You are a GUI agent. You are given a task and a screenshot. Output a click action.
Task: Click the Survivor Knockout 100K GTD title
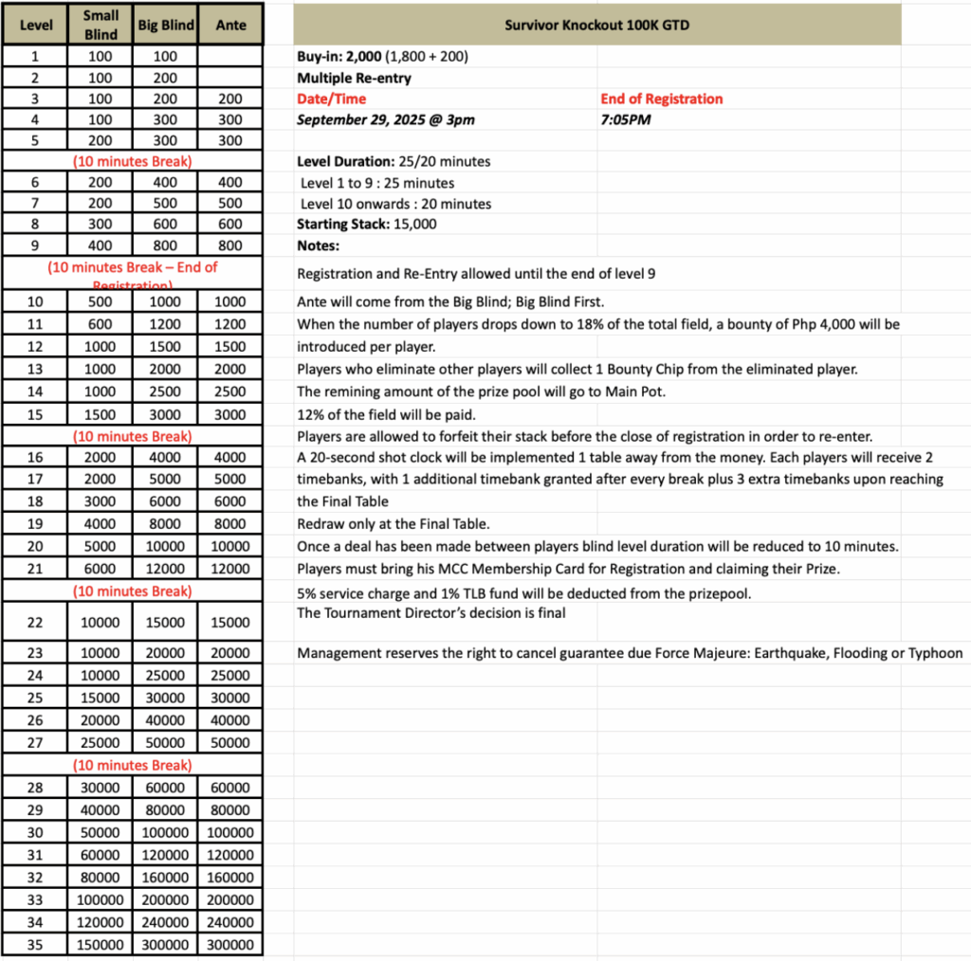pos(597,24)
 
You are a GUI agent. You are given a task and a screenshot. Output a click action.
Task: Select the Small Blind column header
pos(100,25)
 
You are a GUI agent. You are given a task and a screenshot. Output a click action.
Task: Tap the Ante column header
pos(230,25)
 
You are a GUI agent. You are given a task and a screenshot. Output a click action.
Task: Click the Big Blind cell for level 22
pos(166,623)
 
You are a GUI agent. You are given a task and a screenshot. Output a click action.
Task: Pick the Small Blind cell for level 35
pos(100,945)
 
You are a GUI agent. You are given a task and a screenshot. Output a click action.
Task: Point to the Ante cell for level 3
pos(230,99)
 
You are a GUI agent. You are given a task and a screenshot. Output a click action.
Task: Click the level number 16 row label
pos(35,458)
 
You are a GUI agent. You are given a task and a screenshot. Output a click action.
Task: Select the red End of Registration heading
pos(661,99)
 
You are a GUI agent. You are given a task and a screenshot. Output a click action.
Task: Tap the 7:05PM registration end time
pos(626,120)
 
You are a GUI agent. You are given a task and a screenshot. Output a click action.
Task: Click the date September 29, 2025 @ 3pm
pos(386,120)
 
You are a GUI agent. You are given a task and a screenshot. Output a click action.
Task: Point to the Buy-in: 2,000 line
pos(382,57)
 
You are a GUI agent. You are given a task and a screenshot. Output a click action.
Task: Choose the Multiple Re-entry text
pos(354,78)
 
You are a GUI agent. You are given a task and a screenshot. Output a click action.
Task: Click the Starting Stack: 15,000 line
pos(367,225)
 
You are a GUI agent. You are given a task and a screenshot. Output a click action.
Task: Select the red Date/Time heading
pos(331,99)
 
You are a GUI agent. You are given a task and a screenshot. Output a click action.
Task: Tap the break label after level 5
pos(133,161)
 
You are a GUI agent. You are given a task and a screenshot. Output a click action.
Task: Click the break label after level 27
pos(133,765)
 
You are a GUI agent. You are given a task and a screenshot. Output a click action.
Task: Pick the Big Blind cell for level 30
pos(166,832)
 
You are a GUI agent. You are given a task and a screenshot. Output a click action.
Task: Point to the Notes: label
pos(318,245)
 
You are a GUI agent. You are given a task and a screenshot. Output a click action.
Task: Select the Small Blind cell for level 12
pos(100,347)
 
